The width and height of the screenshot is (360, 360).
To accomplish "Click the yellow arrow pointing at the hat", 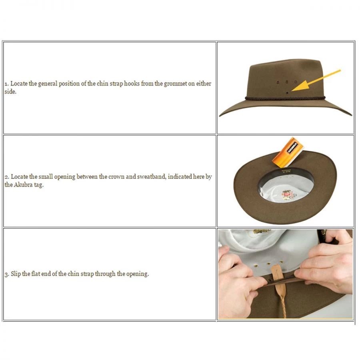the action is click(316, 80).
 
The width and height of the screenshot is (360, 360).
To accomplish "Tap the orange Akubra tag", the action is click(288, 152).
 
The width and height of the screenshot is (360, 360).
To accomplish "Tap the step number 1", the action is click(6, 84).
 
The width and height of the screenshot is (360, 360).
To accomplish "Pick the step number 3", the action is click(7, 274).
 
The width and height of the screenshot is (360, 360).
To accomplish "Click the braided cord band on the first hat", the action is click(285, 98).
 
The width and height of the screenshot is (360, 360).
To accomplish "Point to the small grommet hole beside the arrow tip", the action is click(287, 93).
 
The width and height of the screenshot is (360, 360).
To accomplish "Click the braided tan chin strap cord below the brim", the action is click(283, 303).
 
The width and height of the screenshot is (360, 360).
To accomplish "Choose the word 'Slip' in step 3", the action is click(16, 274).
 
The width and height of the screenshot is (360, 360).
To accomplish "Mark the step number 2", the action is click(7, 177).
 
